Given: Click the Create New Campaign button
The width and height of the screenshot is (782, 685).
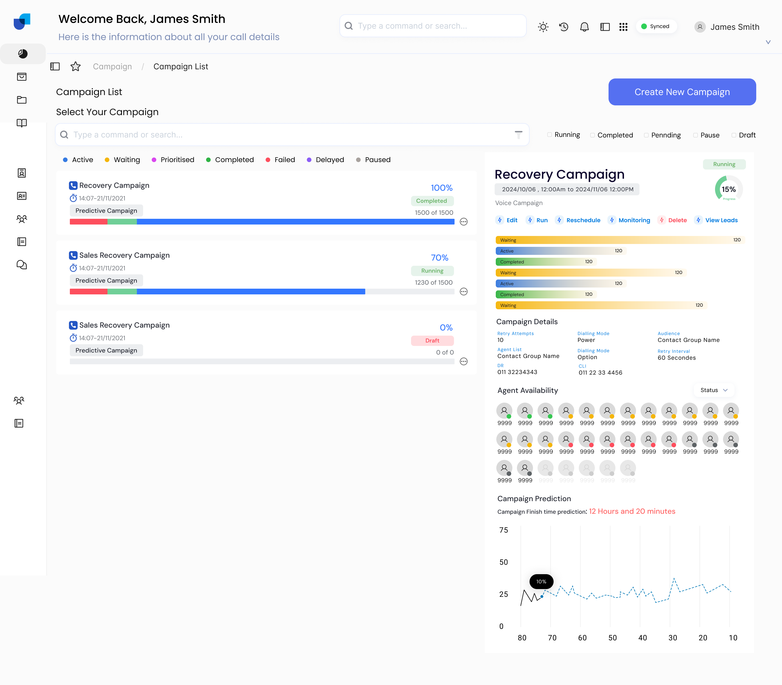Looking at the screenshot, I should (x=682, y=92).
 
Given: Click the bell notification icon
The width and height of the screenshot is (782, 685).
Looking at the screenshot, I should (x=584, y=27).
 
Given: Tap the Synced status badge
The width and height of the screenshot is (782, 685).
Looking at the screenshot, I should (x=655, y=26).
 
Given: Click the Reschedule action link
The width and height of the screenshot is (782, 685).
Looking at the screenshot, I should (x=582, y=220).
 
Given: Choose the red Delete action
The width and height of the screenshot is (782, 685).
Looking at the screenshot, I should (x=677, y=220).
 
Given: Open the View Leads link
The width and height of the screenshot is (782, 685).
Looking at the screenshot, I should (x=721, y=220).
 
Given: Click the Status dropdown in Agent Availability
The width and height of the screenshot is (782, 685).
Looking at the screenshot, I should (x=713, y=390).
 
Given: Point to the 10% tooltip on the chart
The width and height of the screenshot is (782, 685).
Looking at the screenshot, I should (x=541, y=581).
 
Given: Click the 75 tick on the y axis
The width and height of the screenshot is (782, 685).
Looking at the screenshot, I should (x=503, y=530).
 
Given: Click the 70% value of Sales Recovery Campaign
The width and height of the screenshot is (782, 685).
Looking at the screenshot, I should (x=439, y=258).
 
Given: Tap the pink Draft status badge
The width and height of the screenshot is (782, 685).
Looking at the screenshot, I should (x=432, y=340).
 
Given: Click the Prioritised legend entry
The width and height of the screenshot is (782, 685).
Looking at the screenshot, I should (x=177, y=160).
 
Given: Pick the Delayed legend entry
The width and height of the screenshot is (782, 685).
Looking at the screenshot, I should (x=329, y=160).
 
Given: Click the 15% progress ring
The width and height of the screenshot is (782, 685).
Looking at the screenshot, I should (x=728, y=189).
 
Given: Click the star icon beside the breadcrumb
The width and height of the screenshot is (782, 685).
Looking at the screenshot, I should (x=76, y=66).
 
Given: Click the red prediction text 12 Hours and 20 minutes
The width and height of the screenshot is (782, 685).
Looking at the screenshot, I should (x=632, y=511).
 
